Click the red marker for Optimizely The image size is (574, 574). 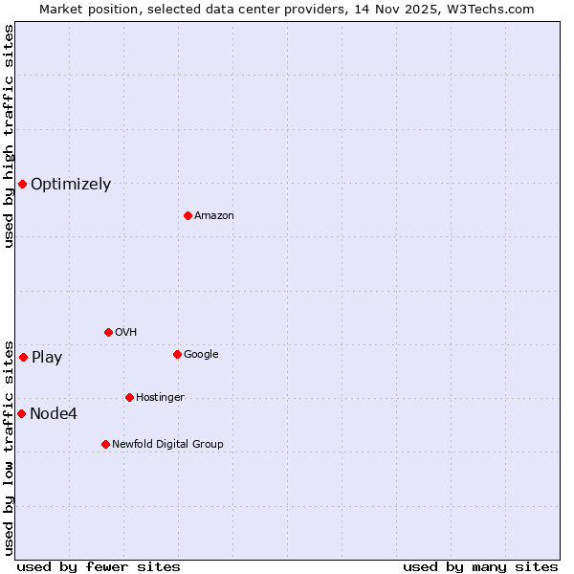click(22, 184)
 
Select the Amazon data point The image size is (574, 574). click(188, 215)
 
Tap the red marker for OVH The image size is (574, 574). click(108, 332)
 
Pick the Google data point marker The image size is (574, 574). click(177, 354)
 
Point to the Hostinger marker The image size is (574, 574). click(129, 397)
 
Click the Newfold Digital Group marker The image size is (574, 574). click(105, 444)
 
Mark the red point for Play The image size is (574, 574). click(23, 357)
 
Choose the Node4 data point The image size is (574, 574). click(21, 413)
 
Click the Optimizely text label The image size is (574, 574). click(71, 185)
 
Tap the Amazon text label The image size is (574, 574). click(214, 216)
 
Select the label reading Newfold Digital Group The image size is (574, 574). click(167, 444)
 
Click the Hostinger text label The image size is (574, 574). click(160, 397)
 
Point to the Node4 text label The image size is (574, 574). click(54, 414)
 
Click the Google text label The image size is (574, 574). click(201, 355)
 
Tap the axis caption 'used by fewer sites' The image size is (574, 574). click(99, 566)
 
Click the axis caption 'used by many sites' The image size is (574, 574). click(480, 566)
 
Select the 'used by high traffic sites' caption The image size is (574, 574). click(9, 136)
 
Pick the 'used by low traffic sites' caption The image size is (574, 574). click(9, 447)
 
